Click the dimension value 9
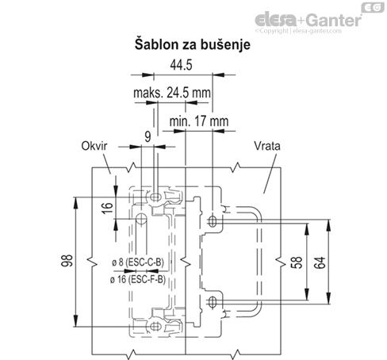tap(148, 137)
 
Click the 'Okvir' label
tap(93, 146)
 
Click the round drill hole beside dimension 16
tap(140, 218)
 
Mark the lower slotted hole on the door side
tap(212, 302)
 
